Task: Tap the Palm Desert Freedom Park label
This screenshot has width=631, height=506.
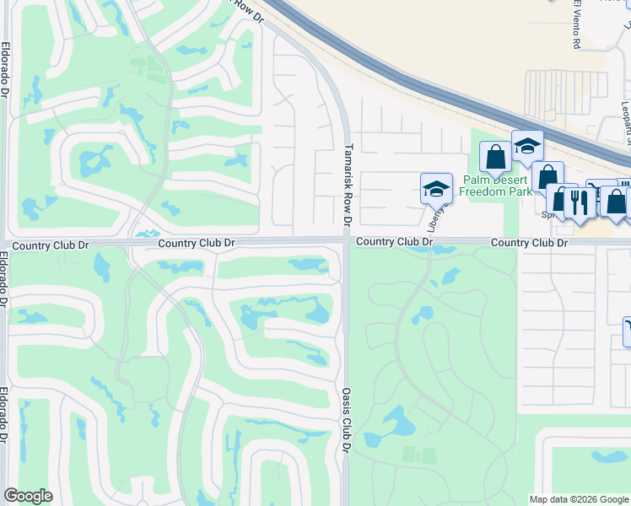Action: [x=496, y=186]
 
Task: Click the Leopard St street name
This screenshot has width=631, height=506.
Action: [x=626, y=118]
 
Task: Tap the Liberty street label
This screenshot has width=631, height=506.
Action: [x=434, y=218]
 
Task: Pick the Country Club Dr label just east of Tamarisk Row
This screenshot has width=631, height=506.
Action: [x=394, y=242]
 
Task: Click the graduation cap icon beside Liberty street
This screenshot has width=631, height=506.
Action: [x=437, y=189]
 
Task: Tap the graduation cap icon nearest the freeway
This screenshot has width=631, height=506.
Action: [x=527, y=146]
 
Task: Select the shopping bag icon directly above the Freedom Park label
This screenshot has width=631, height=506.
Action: [x=495, y=156]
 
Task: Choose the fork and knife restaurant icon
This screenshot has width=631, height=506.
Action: [x=579, y=202]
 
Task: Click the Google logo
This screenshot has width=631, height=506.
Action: [x=28, y=496]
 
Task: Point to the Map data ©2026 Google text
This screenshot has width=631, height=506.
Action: [x=579, y=499]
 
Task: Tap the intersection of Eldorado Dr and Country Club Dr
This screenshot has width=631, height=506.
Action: [x=6, y=245]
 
